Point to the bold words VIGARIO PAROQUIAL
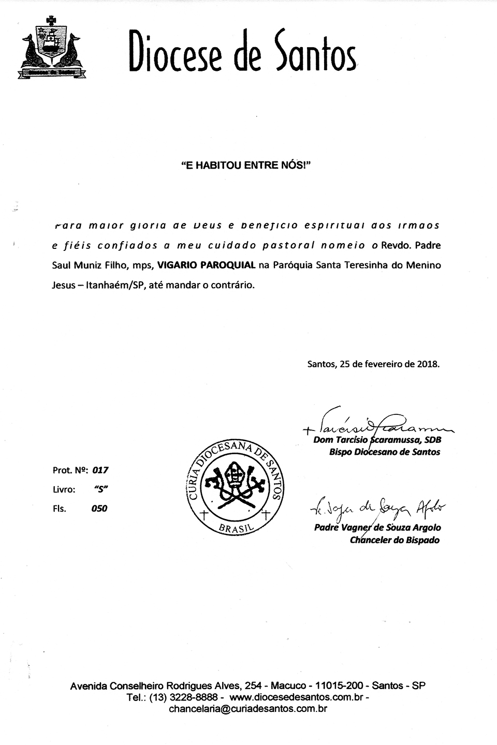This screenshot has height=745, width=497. point(206,265)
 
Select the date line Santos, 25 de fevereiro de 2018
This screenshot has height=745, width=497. point(373,364)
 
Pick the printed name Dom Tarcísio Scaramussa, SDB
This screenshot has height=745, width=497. point(377,440)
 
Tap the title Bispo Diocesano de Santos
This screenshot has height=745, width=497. point(384,452)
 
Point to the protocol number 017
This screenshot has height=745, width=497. point(99,470)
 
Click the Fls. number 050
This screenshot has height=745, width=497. point(99,509)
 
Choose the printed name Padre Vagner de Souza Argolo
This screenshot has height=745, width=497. point(377,528)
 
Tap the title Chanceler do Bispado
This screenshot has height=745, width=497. point(394,540)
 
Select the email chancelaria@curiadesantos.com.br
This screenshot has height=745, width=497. point(248,709)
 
